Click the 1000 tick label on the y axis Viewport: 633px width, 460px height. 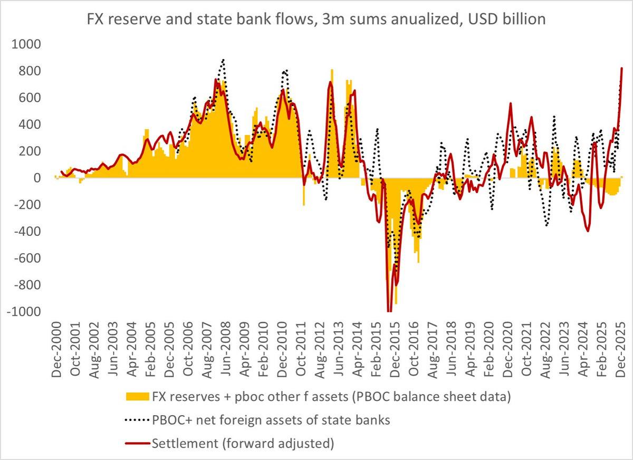point(26,44)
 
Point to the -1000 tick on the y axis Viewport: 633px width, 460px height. point(24,312)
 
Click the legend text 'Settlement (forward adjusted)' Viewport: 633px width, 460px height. point(243,444)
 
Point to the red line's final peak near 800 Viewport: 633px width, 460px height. point(622,68)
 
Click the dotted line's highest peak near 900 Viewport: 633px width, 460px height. point(223,60)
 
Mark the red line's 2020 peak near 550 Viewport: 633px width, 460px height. point(511,103)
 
